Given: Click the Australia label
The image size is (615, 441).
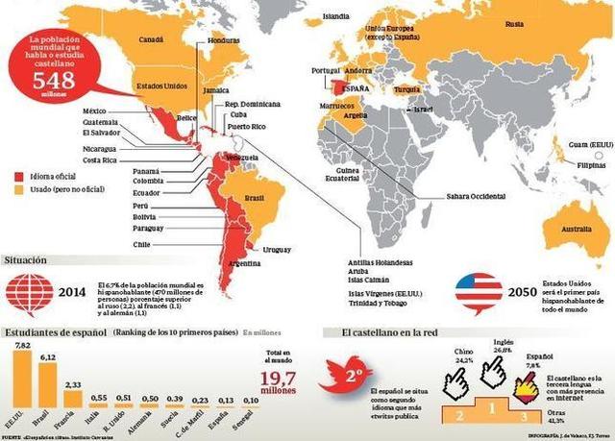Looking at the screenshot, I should [577, 230].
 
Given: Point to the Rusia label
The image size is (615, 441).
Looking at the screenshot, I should [514, 23].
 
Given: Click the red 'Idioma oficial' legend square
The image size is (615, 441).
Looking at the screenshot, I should [19, 176].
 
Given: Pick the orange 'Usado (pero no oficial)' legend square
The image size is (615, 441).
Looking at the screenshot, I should [19, 190].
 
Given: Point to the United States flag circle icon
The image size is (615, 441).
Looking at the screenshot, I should [479, 292].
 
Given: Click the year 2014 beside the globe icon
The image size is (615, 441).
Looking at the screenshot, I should [71, 293].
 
